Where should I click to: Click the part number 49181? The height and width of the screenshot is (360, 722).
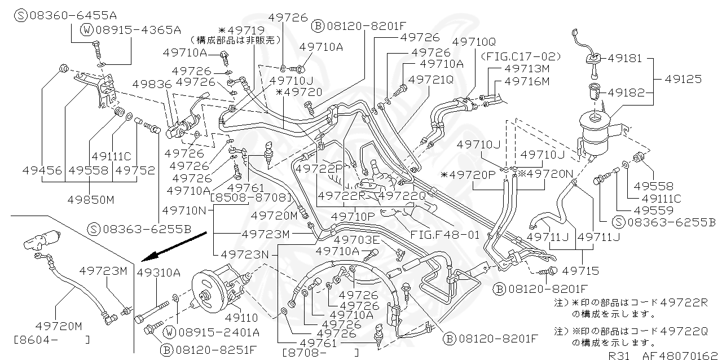[x=623, y=58]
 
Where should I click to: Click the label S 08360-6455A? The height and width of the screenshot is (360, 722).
[x=68, y=14]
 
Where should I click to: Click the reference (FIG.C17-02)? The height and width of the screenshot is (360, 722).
[x=521, y=56]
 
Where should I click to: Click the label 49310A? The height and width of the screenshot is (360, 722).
[x=159, y=273]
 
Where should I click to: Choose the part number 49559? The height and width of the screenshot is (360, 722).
[x=653, y=210]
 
